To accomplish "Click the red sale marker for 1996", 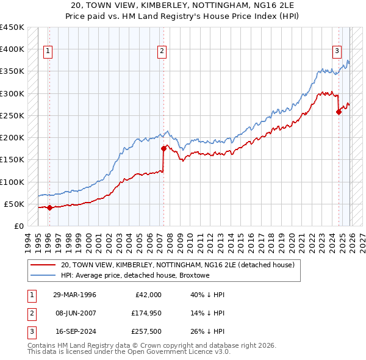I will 49,207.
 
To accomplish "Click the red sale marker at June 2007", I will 163,148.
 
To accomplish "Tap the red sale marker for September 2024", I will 339,112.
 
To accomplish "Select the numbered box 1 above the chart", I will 48,52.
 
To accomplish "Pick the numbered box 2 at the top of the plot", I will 162,52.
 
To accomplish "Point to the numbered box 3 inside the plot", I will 337,52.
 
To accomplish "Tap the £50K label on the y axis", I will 15,204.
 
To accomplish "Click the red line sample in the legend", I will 43,265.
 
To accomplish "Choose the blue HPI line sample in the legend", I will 43,275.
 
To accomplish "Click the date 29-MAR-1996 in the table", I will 74,295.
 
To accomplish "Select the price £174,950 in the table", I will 145,313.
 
